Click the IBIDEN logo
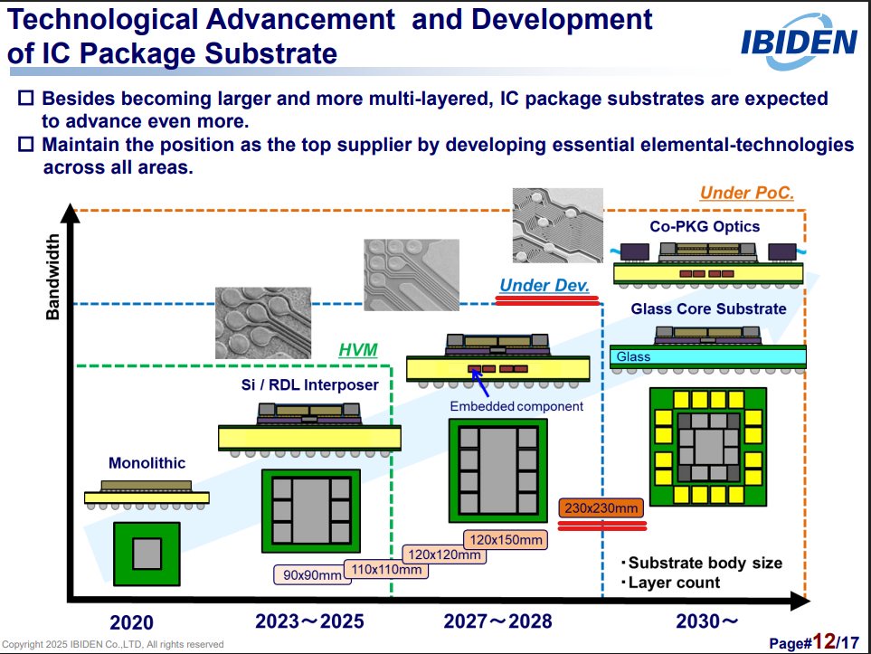pos(800,43)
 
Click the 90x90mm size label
pos(312,574)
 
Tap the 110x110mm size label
pos(386,569)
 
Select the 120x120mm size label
pos(444,554)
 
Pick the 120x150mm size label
pos(506,539)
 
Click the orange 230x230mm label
pos(601,507)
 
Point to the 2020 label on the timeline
pos(131,622)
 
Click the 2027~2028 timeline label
pos(497,621)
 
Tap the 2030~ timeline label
pos(706,621)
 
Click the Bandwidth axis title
pos(52,277)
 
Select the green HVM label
pos(358,350)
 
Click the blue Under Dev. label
pos(544,285)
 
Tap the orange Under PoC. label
pos(746,193)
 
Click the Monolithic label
pos(147,463)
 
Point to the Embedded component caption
pos(516,406)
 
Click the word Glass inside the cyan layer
pos(633,356)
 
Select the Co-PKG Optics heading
pos(705,227)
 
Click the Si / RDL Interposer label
pos(310,385)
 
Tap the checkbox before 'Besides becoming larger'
pos(26,98)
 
